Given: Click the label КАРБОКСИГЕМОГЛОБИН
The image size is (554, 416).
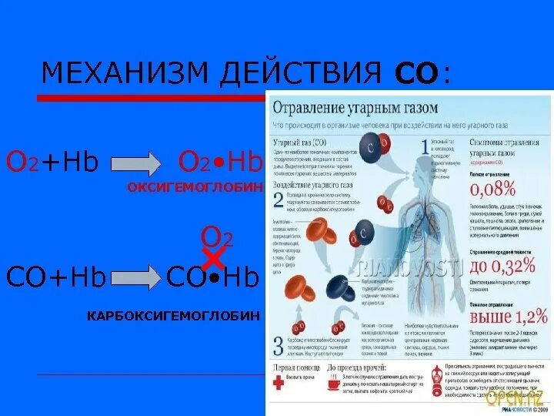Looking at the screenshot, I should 173,316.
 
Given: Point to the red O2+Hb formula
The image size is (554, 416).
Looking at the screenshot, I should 53,162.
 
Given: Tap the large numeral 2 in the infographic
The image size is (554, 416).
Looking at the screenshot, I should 279,200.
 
